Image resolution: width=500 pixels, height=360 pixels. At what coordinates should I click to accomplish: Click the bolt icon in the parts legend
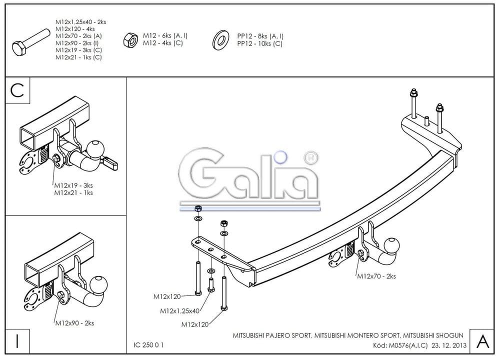(30, 42)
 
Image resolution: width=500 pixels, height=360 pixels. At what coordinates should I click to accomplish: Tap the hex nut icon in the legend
(129, 39)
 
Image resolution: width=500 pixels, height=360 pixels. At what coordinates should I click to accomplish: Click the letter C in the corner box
(17, 90)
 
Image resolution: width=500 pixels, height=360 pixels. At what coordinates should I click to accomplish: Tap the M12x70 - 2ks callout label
(375, 276)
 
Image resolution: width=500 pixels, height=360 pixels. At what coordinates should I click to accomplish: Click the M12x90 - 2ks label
(74, 323)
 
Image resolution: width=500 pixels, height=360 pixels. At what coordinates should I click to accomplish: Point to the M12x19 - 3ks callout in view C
(73, 185)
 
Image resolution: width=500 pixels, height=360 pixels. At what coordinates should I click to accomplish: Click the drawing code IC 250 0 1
(148, 345)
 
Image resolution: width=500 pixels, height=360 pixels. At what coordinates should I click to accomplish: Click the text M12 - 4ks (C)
(163, 43)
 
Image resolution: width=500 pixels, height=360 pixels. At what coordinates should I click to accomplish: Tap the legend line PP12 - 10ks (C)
(259, 43)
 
